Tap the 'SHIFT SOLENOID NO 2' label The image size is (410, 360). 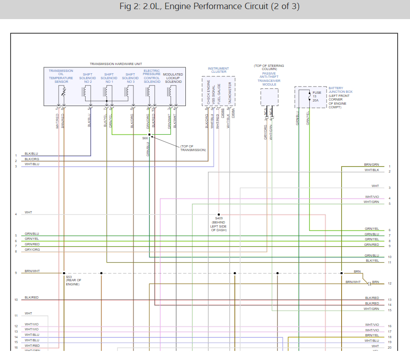point(87,78)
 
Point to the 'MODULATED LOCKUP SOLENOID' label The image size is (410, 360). point(173,78)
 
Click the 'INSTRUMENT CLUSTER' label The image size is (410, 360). point(218,70)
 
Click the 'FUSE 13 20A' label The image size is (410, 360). point(317,96)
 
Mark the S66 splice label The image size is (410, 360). point(145,137)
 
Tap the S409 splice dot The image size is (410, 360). point(219,214)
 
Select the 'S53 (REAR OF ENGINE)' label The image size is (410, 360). point(72,280)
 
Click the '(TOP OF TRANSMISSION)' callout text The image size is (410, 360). point(193,148)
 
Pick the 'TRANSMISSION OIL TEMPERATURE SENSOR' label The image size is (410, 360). point(61,76)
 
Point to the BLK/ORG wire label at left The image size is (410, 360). point(31,159)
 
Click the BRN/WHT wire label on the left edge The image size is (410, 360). point(32,271)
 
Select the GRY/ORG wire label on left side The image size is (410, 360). point(32,249)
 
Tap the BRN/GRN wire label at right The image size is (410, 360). point(371,164)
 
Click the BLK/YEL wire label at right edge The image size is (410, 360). point(372,260)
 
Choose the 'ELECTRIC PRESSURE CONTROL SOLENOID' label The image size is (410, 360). point(152,76)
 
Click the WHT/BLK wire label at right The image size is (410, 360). point(371,170)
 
